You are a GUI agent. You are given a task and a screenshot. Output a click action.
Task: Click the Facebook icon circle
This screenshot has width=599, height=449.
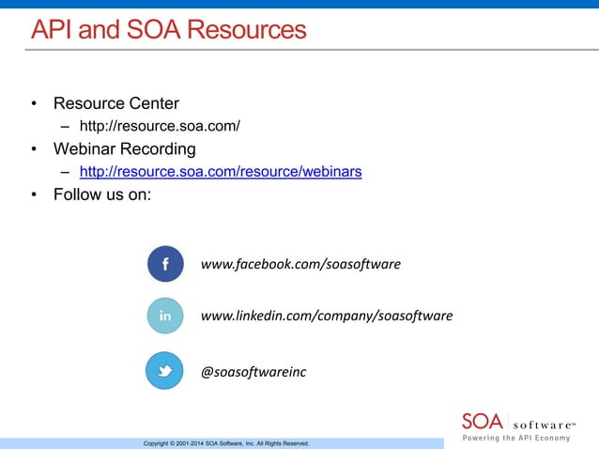point(165,264)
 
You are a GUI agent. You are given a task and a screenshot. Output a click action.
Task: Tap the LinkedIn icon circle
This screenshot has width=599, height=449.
point(165,316)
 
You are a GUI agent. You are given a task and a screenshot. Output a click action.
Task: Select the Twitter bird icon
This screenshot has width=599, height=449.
point(165,371)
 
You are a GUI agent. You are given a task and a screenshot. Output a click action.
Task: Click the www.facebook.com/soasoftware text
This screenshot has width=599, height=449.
point(300,264)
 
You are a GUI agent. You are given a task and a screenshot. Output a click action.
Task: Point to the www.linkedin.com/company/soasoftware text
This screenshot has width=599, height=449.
point(326,316)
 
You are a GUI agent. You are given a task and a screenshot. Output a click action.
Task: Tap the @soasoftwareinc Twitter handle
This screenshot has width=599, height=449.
point(253,372)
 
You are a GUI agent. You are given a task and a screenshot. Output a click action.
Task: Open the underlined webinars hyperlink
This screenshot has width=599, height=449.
point(221,172)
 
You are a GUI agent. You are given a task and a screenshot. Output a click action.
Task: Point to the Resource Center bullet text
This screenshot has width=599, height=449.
point(116,102)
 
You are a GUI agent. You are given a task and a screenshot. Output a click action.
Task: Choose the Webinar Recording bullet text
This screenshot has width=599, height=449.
point(125,148)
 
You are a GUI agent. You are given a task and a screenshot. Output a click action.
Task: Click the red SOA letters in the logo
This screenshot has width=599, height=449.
point(483,420)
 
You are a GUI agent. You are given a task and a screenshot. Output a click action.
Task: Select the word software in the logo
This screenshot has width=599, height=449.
point(544,422)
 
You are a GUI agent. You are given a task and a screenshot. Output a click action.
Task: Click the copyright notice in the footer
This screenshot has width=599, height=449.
point(225,442)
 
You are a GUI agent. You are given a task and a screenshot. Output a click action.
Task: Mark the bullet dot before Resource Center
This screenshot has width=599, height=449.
point(34,103)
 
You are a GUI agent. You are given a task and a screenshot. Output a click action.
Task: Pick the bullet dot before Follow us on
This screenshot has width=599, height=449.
point(34,195)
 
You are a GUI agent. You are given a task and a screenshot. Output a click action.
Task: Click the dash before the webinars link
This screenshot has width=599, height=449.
point(66,173)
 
